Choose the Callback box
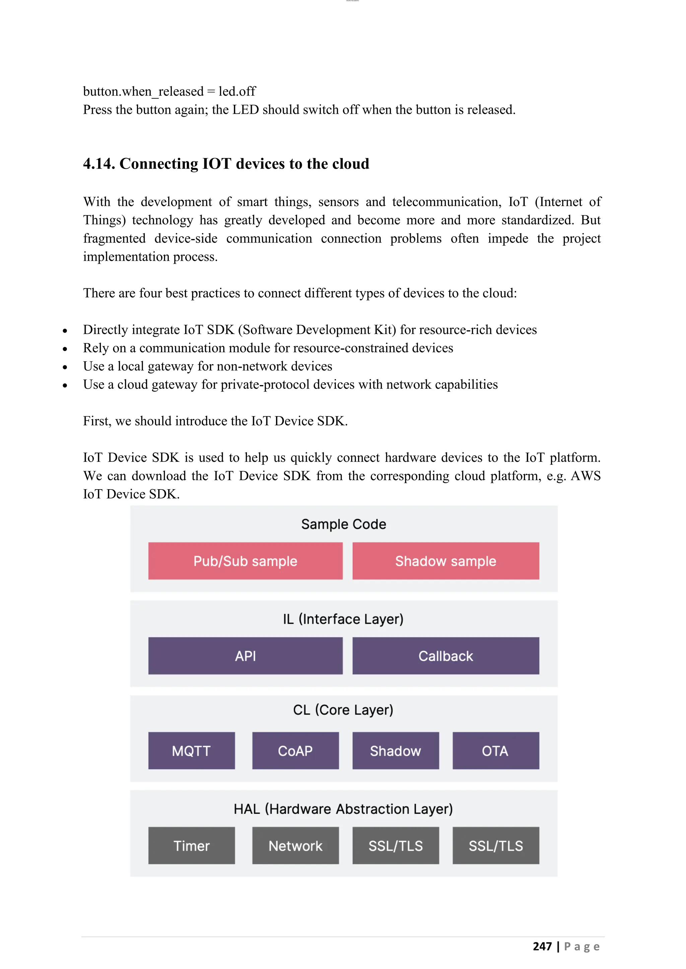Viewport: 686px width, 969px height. point(445,656)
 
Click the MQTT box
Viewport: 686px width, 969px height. point(191,751)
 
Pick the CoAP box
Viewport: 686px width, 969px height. point(295,751)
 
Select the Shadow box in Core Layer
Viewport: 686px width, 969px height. point(395,751)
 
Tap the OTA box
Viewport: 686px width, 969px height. point(495,751)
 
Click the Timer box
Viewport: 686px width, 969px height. point(191,846)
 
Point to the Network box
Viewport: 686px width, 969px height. point(295,846)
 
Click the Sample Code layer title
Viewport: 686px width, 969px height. point(343,524)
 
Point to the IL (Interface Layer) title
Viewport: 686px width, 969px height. point(343,619)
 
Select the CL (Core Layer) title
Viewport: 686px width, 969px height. point(343,710)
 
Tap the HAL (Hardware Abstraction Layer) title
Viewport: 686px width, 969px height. point(343,809)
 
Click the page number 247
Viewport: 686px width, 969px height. point(542,946)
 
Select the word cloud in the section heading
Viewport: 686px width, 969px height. point(349,164)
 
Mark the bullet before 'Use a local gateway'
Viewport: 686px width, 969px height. point(65,367)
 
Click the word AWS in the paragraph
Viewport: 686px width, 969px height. point(586,476)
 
